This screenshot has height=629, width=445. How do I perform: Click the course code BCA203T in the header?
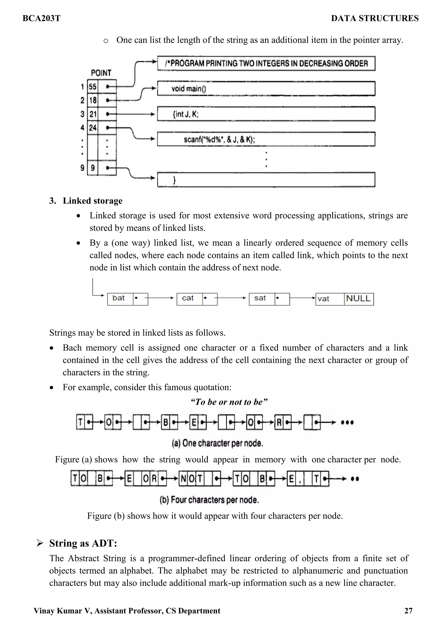coord(42,18)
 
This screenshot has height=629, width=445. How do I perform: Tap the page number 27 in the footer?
coord(408,611)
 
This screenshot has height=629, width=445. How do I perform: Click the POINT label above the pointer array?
coord(101,73)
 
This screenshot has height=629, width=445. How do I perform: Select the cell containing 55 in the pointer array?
coord(93,87)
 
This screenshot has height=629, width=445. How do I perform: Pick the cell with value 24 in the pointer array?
coord(93,128)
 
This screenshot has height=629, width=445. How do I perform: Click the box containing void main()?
coord(266,89)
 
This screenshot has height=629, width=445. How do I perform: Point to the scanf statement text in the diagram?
coord(219,140)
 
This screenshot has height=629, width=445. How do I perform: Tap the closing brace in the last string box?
coord(174,180)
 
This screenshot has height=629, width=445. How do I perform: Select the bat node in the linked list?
coord(120,298)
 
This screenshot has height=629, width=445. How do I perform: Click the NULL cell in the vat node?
coord(358,298)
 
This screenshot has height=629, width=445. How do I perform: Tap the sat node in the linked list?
coord(262,298)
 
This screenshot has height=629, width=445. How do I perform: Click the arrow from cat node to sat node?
coord(232,298)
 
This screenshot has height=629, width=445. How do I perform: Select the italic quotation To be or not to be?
coord(229,402)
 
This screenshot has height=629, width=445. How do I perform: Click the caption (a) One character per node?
coord(218,443)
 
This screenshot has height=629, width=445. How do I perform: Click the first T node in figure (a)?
coord(80,422)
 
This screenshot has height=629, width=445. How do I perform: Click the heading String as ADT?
coord(83,543)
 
